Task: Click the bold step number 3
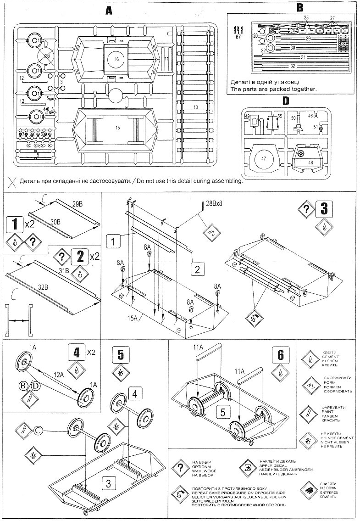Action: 324,209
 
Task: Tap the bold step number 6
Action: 280,356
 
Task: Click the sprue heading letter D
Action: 299,100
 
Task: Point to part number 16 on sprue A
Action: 116,59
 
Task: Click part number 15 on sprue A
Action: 117,128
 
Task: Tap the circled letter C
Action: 38,430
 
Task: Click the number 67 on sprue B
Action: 238,38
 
